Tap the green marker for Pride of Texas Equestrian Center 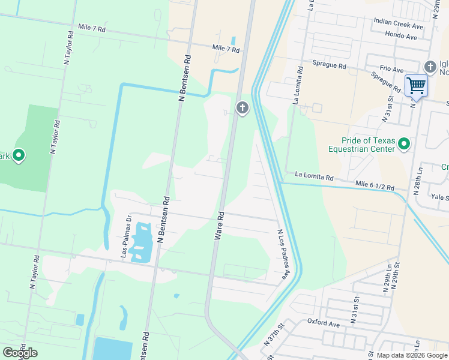click(404, 143)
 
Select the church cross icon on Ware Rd click(242, 108)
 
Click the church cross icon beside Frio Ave click(430, 66)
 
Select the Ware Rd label click(220, 226)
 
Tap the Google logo click(20, 353)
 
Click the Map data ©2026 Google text click(412, 355)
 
